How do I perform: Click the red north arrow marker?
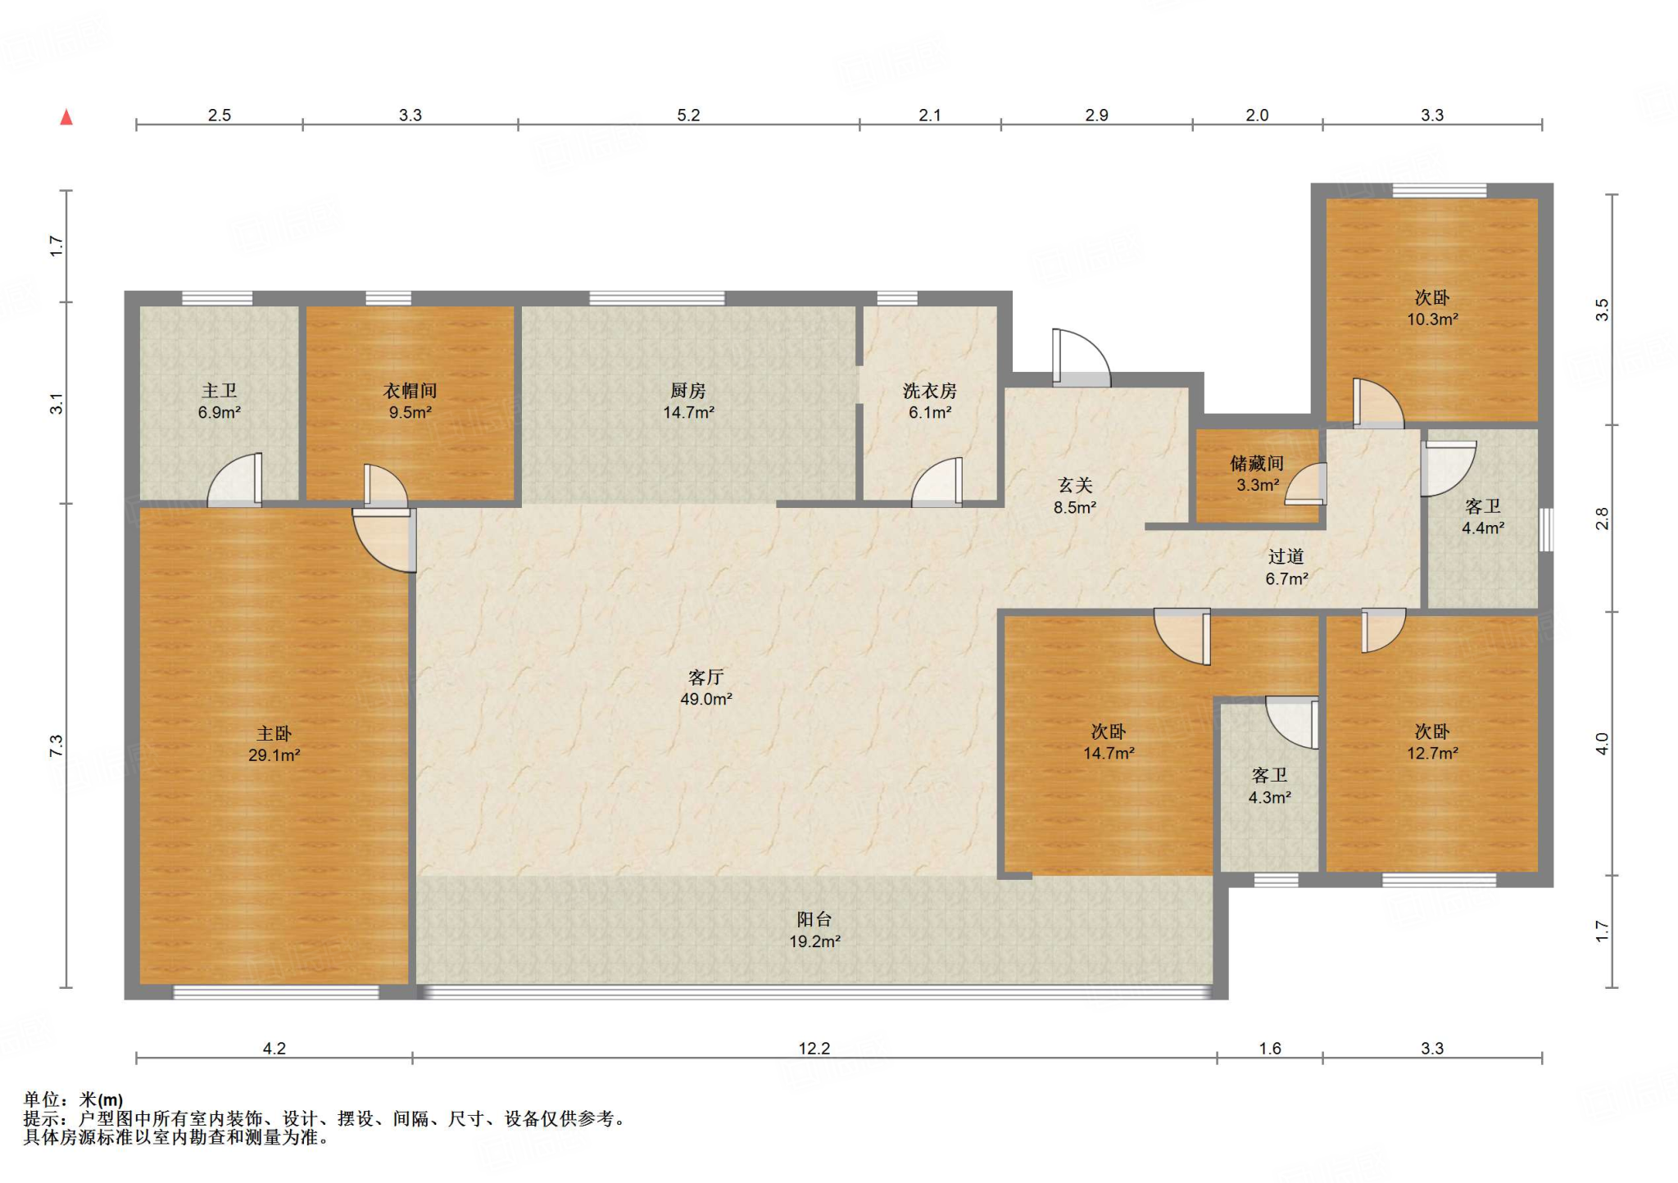66,117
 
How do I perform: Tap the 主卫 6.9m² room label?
220,401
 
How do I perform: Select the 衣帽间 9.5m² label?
410,401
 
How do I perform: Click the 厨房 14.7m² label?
688,401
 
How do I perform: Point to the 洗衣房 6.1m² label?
930,401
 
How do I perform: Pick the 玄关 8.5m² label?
1075,496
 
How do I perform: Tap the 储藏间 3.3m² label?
1257,474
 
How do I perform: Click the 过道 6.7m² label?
1286,568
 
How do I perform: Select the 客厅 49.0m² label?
706,688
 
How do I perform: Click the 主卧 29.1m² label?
274,744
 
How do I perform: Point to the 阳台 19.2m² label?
814,931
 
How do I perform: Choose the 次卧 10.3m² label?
1432,308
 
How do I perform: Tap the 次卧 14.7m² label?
1109,742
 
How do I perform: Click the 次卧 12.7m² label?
1432,742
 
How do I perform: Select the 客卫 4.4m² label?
1483,517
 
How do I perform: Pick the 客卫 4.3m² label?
1270,786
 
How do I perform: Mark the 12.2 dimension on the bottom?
814,1049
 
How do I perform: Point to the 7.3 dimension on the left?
56,746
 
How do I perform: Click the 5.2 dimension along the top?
688,116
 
